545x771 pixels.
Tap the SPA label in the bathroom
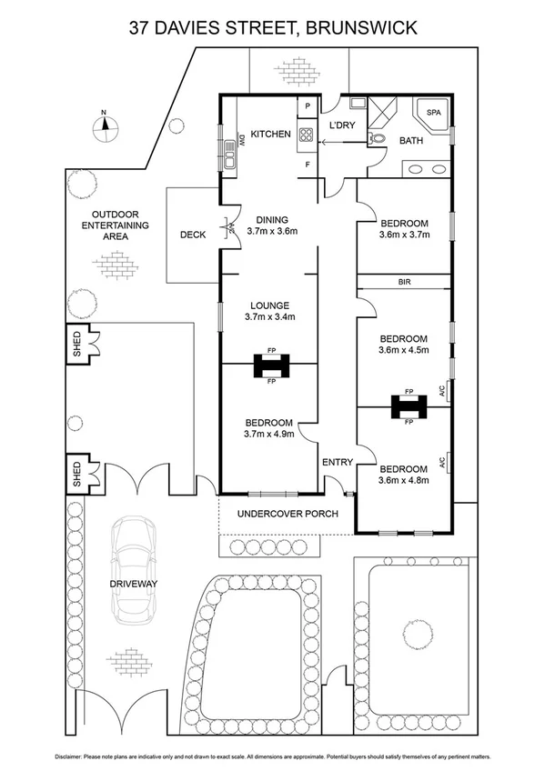(x=432, y=113)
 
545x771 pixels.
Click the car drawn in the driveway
(x=134, y=570)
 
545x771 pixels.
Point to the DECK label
(x=192, y=235)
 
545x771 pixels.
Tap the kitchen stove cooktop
(x=307, y=135)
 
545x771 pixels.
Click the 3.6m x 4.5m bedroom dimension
(x=403, y=348)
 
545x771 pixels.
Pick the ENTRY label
(x=337, y=463)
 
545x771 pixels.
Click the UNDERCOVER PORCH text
(x=288, y=514)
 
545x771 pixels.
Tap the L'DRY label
(x=341, y=125)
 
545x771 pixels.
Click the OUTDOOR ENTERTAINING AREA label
(x=115, y=225)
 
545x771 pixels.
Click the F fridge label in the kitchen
(x=308, y=165)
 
